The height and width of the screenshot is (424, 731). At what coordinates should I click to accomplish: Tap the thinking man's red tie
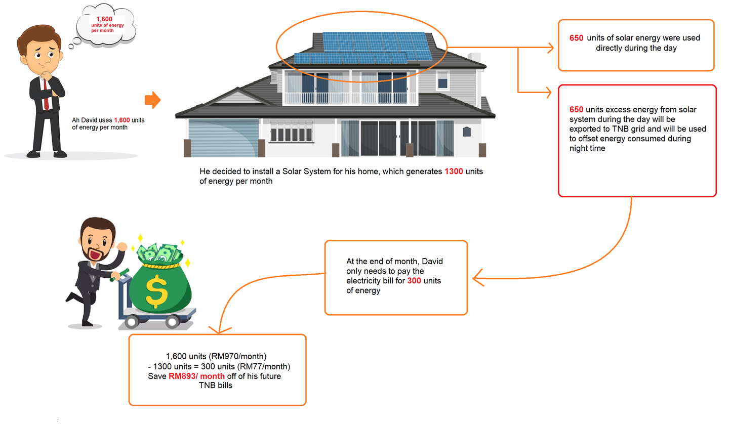(46, 95)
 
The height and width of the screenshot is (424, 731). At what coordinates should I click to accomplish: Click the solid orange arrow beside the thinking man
(153, 100)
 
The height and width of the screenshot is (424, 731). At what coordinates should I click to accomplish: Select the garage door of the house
(224, 138)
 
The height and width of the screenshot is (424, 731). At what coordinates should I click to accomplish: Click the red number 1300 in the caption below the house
(454, 172)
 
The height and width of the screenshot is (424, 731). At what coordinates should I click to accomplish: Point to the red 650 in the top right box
(576, 38)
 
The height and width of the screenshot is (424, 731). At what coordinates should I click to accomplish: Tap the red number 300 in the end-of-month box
(414, 281)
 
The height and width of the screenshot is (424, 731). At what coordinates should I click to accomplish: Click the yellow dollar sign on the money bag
(156, 291)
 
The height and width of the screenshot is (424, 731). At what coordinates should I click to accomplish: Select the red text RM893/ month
(196, 376)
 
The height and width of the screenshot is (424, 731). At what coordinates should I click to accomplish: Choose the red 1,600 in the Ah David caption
(122, 120)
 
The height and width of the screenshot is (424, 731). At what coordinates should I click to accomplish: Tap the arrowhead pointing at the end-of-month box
(477, 278)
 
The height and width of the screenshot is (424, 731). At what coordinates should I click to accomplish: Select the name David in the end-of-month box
(432, 262)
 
